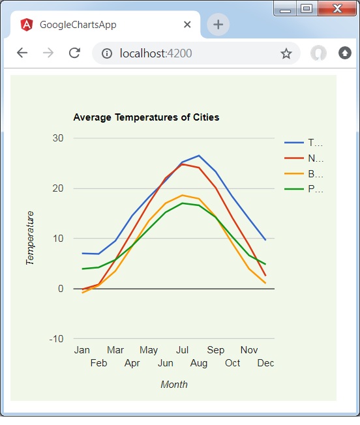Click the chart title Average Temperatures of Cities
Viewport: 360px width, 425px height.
click(146, 117)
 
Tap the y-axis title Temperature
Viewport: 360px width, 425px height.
click(30, 238)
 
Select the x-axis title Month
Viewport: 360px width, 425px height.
click(174, 385)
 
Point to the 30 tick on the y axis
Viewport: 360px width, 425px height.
click(58, 138)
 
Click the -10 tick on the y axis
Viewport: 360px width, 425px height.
click(56, 338)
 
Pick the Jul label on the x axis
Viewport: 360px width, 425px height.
click(183, 350)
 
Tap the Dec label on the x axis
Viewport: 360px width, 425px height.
click(265, 363)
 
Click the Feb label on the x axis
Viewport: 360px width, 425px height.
click(98, 363)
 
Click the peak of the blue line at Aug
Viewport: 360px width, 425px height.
click(199, 156)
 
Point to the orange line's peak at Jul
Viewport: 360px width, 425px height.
click(183, 195)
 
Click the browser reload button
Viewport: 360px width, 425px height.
click(74, 53)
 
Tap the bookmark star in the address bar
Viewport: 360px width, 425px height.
click(286, 53)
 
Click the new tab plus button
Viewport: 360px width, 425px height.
click(218, 25)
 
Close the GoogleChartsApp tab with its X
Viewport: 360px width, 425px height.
click(187, 25)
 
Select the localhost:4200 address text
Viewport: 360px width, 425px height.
click(156, 53)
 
